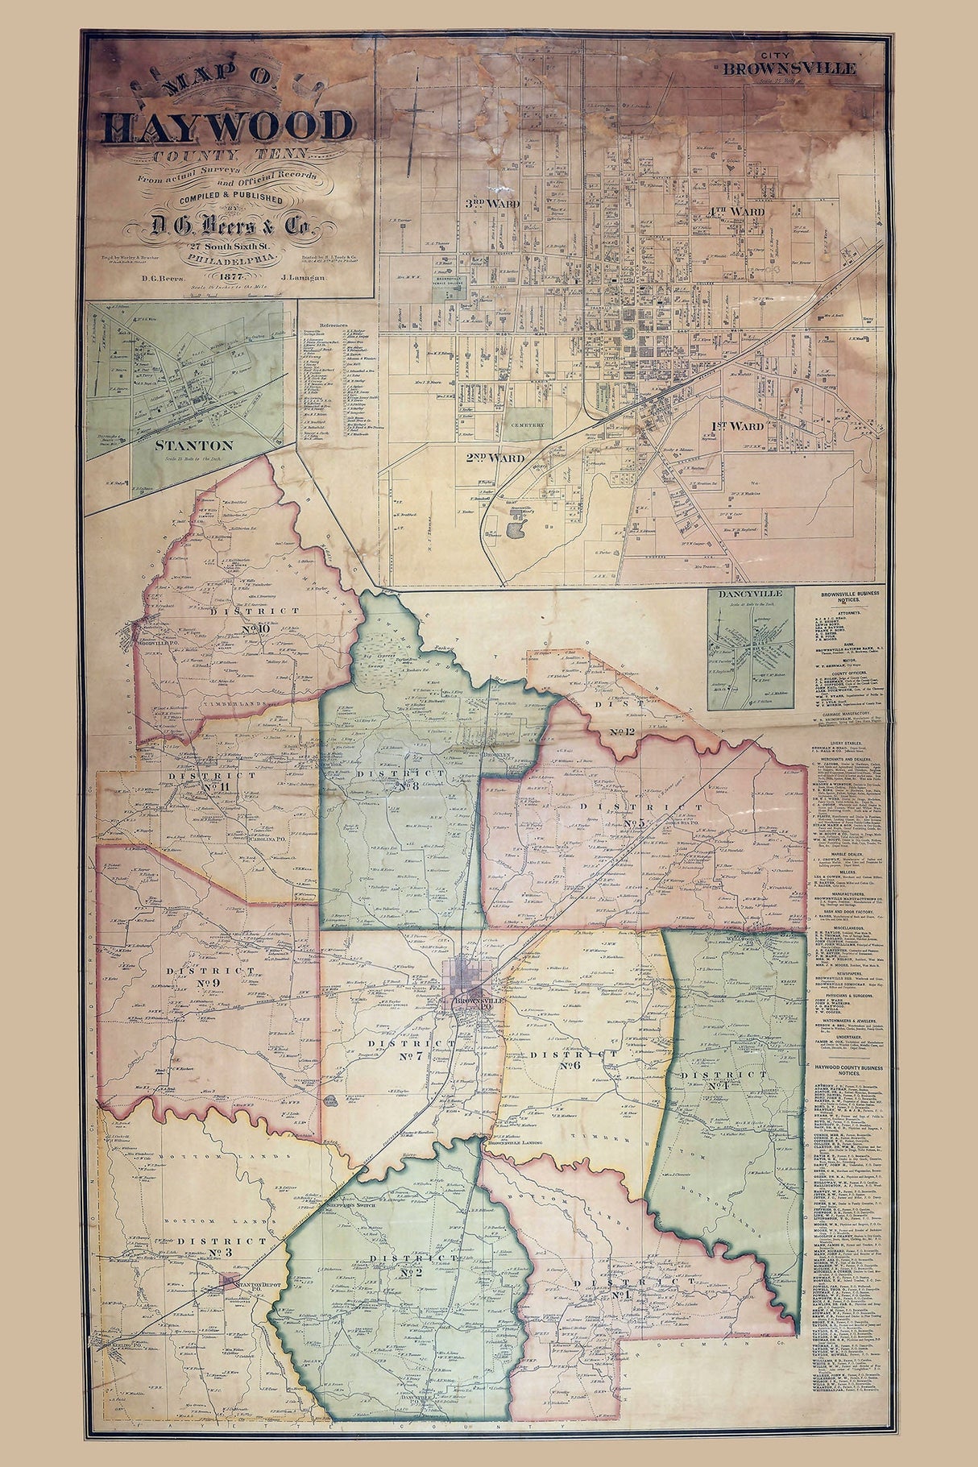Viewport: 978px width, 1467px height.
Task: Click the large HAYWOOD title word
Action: click(228, 126)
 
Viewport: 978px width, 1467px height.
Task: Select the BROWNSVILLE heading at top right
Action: click(789, 68)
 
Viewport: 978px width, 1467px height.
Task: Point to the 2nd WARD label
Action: click(495, 458)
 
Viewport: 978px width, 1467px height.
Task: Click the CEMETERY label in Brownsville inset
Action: click(528, 425)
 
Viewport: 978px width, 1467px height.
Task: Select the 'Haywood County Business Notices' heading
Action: click(847, 1071)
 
